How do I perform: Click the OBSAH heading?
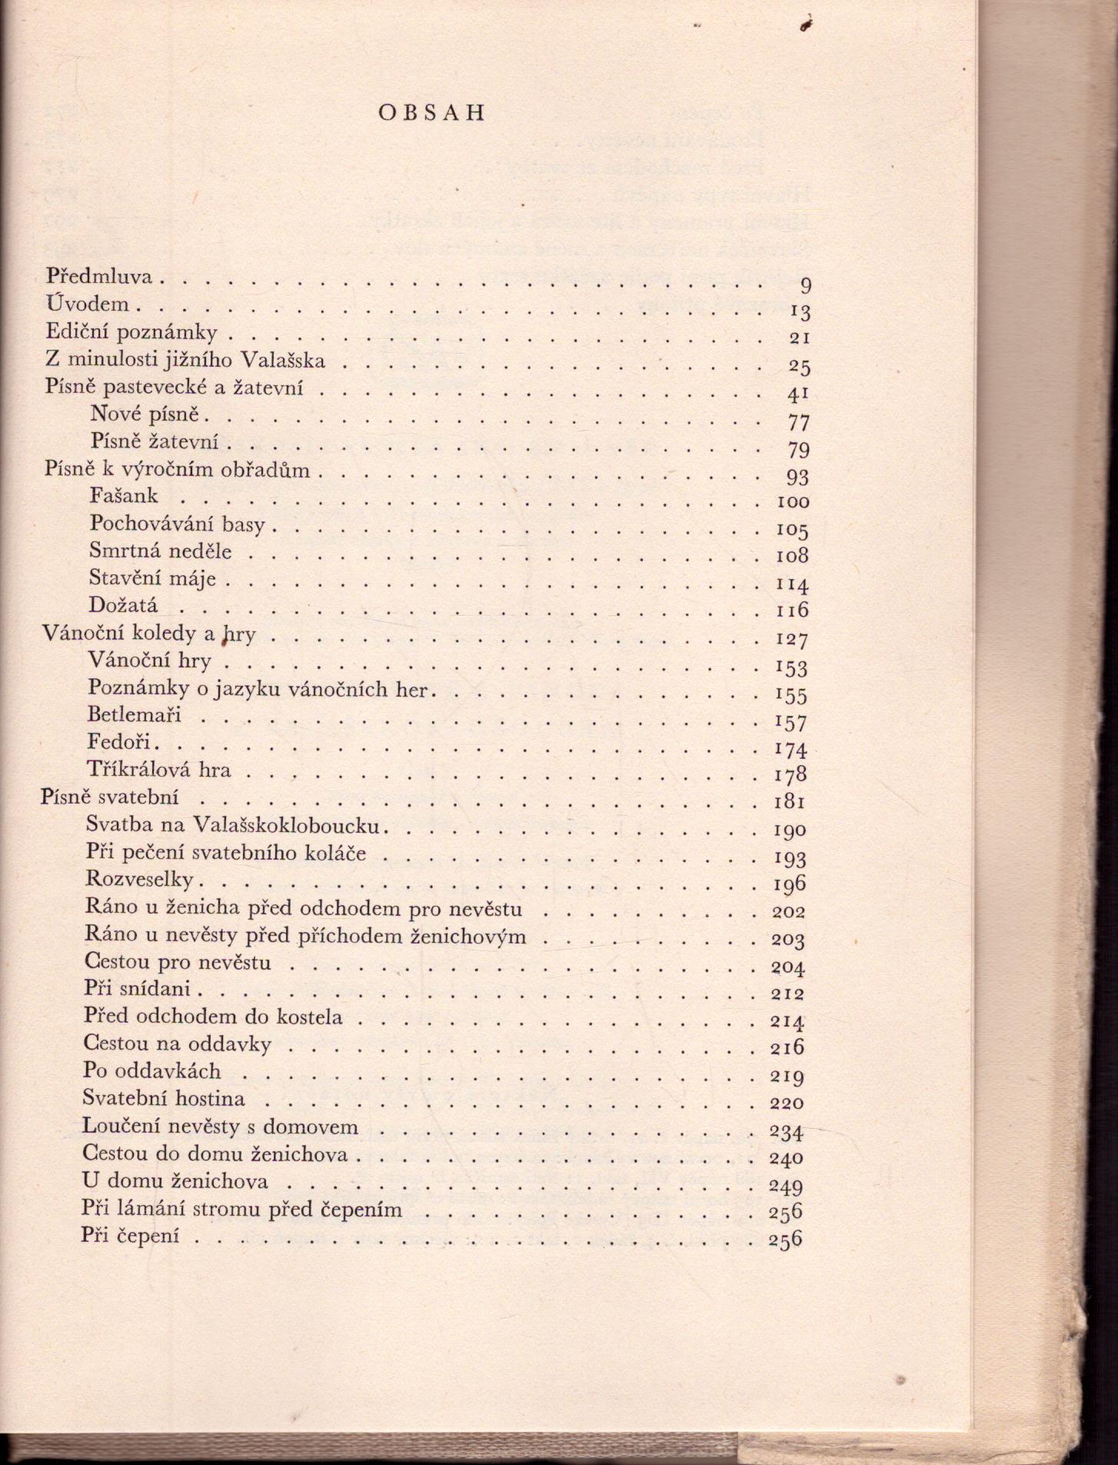tap(431, 113)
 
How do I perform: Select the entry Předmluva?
tap(99, 276)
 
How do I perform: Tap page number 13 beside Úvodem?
tap(800, 311)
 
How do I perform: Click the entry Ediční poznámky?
tap(131, 332)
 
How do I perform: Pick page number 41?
tap(799, 394)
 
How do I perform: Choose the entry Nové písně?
tap(144, 415)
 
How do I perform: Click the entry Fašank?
tap(124, 496)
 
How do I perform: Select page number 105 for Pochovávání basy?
tap(792, 531)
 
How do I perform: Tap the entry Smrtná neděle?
tap(160, 551)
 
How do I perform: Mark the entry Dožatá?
tap(123, 605)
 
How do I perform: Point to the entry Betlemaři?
tap(135, 714)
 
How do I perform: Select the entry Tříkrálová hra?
tap(159, 770)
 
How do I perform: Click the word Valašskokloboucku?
tap(288, 825)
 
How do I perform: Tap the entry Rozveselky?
tap(139, 880)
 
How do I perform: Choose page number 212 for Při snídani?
tap(787, 994)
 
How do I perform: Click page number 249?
tap(786, 1187)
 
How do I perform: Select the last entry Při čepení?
tap(129, 1236)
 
